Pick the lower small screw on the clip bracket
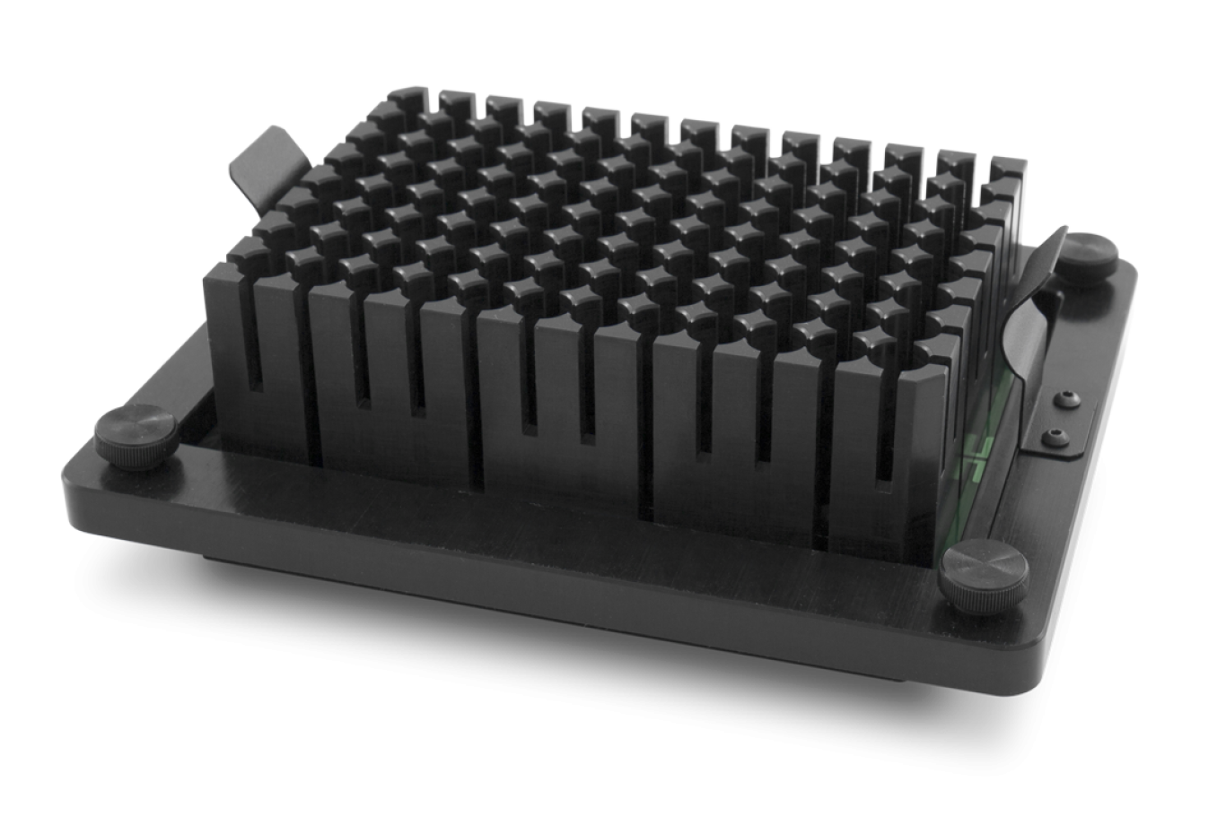(1054, 439)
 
